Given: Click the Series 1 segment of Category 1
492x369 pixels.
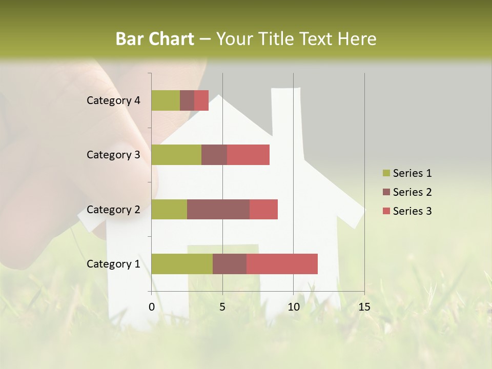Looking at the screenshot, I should point(182,264).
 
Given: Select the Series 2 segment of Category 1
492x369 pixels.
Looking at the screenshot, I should point(230,264).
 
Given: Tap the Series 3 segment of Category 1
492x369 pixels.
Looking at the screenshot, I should point(282,264).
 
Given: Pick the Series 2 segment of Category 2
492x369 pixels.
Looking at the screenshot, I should point(218,209).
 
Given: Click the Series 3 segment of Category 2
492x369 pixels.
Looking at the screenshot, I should point(263,209).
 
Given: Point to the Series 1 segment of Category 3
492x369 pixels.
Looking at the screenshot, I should point(176,155).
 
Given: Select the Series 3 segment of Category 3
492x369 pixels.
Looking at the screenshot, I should point(248,155).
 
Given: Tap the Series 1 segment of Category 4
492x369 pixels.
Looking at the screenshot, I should point(166,100).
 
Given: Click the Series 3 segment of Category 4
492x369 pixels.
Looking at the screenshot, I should point(201,100).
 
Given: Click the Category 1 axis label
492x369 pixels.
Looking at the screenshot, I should point(113,264).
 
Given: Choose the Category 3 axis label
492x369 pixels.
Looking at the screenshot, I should point(113,155).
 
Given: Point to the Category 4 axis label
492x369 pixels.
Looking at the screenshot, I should point(113,100).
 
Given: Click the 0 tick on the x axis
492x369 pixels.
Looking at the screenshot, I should point(152,307).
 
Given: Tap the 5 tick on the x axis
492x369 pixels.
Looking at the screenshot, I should point(222,307).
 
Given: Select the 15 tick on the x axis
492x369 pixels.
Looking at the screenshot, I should point(364,307).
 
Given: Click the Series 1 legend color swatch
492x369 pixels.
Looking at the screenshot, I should point(386,173).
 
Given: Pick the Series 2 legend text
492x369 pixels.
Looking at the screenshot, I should point(412,192).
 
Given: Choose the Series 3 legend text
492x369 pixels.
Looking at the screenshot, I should point(412,211).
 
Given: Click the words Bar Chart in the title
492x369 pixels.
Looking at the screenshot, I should point(155,39).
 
